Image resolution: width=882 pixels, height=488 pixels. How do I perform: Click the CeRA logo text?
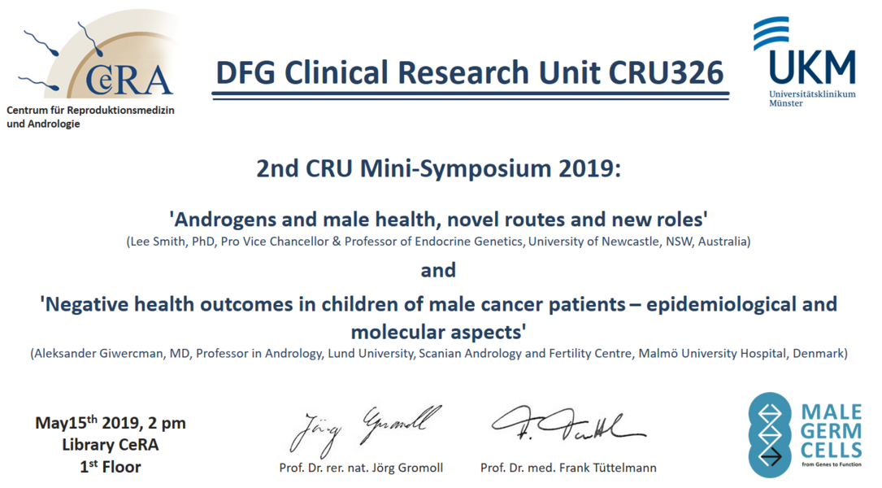coord(128,81)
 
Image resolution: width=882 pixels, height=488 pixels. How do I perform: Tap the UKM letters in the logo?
coord(812,68)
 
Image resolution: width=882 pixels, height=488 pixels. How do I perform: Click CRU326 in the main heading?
coord(666,72)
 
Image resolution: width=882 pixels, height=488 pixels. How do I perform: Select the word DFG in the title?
coord(245,72)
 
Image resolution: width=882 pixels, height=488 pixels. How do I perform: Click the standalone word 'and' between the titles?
coord(438,270)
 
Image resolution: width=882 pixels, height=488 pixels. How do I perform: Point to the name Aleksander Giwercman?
coord(98,354)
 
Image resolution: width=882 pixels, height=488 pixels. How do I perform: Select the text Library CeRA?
coord(111,444)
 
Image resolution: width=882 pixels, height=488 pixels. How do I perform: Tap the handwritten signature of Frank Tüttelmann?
coord(568,424)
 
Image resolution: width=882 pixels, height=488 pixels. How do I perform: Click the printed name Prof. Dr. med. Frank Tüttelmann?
coord(568,468)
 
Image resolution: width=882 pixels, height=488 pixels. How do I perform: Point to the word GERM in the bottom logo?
coord(831,431)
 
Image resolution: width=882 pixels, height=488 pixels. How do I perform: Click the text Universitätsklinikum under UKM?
coord(812,94)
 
